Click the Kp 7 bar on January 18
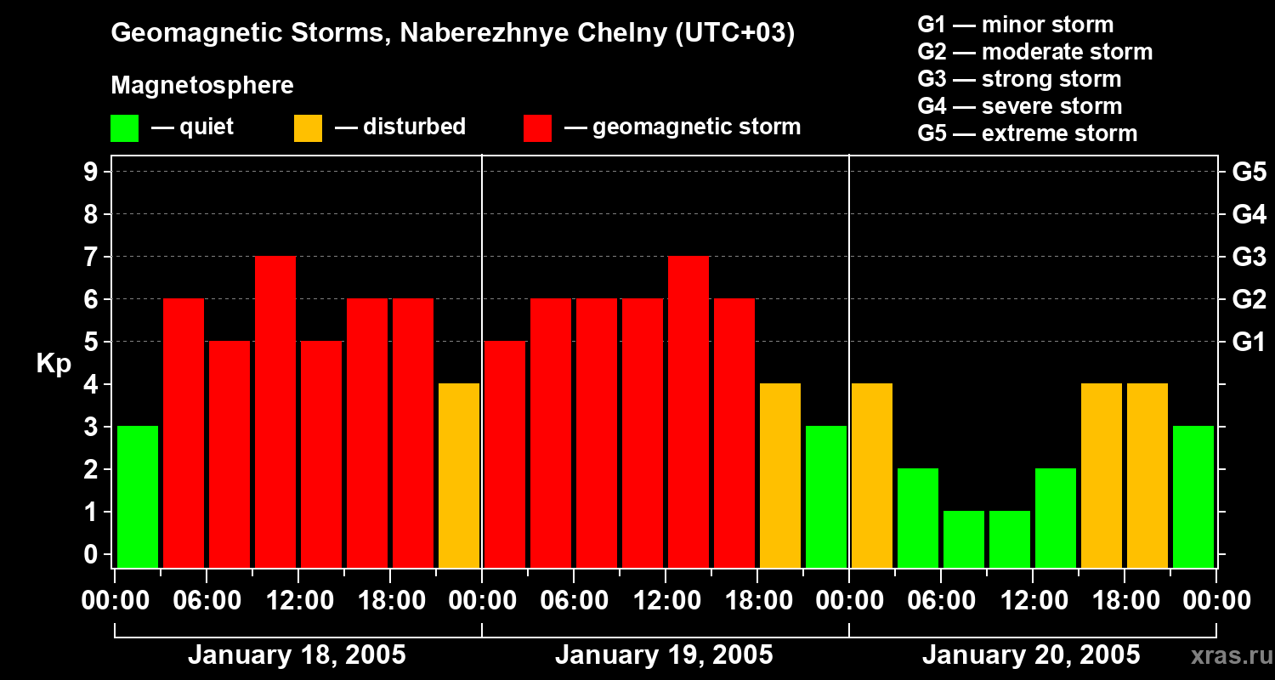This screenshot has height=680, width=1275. click(x=275, y=411)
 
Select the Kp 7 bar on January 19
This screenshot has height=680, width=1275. click(x=688, y=411)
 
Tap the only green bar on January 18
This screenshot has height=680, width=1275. click(x=138, y=496)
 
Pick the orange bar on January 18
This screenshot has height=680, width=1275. click(x=459, y=475)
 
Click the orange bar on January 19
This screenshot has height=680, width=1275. click(x=780, y=475)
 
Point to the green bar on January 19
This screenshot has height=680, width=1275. click(x=826, y=496)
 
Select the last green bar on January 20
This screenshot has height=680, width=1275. click(x=1193, y=496)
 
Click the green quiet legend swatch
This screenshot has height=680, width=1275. click(x=124, y=128)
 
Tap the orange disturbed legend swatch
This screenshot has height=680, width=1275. click(x=308, y=128)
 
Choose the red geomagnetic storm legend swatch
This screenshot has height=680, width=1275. click(x=537, y=128)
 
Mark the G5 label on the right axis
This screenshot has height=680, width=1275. click(x=1249, y=173)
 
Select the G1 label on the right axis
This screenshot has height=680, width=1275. click(x=1249, y=343)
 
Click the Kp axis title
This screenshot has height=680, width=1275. click(x=54, y=364)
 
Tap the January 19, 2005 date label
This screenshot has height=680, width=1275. click(x=664, y=655)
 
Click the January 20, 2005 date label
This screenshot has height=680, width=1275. click(x=1031, y=655)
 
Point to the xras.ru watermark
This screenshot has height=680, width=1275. click(x=1229, y=656)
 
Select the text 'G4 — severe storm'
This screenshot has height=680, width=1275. click(x=1020, y=106)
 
